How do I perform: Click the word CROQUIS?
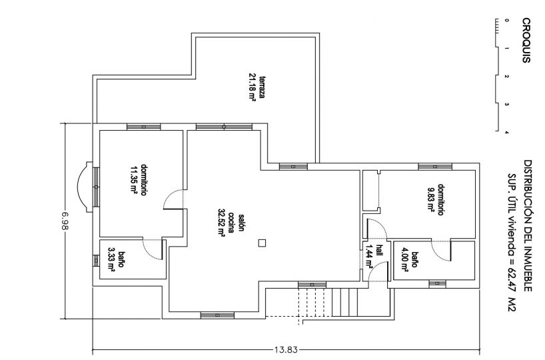coord(526,41)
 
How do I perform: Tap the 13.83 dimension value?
coord(286,350)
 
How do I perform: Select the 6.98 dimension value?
coord(65,221)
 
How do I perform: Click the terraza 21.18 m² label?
coord(256,87)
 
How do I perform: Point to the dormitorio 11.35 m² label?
coord(138,179)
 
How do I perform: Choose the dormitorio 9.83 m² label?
coord(435,199)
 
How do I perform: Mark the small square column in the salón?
coord(262,243)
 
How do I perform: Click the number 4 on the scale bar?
coord(506,132)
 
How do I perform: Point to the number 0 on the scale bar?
coord(506,21)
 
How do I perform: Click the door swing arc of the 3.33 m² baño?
coord(149,251)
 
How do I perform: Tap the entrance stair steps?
coord(343,302)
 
